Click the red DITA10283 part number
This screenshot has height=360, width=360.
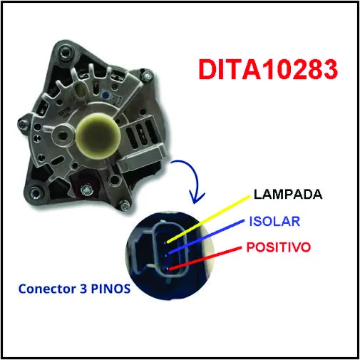point(268,69)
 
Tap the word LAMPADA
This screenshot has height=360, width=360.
point(288,195)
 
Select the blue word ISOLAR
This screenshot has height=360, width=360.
point(274,222)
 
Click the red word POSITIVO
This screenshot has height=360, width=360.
point(279,247)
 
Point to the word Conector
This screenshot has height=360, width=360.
point(47,289)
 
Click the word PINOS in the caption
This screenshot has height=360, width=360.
point(110,289)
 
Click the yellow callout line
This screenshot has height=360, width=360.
point(208,219)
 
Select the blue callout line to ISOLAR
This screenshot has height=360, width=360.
point(206,237)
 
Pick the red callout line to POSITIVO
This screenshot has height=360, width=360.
point(205,259)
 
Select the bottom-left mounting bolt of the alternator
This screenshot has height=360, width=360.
point(36,192)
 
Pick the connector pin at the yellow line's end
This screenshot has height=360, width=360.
point(165,242)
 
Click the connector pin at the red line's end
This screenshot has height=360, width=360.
point(168,269)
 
